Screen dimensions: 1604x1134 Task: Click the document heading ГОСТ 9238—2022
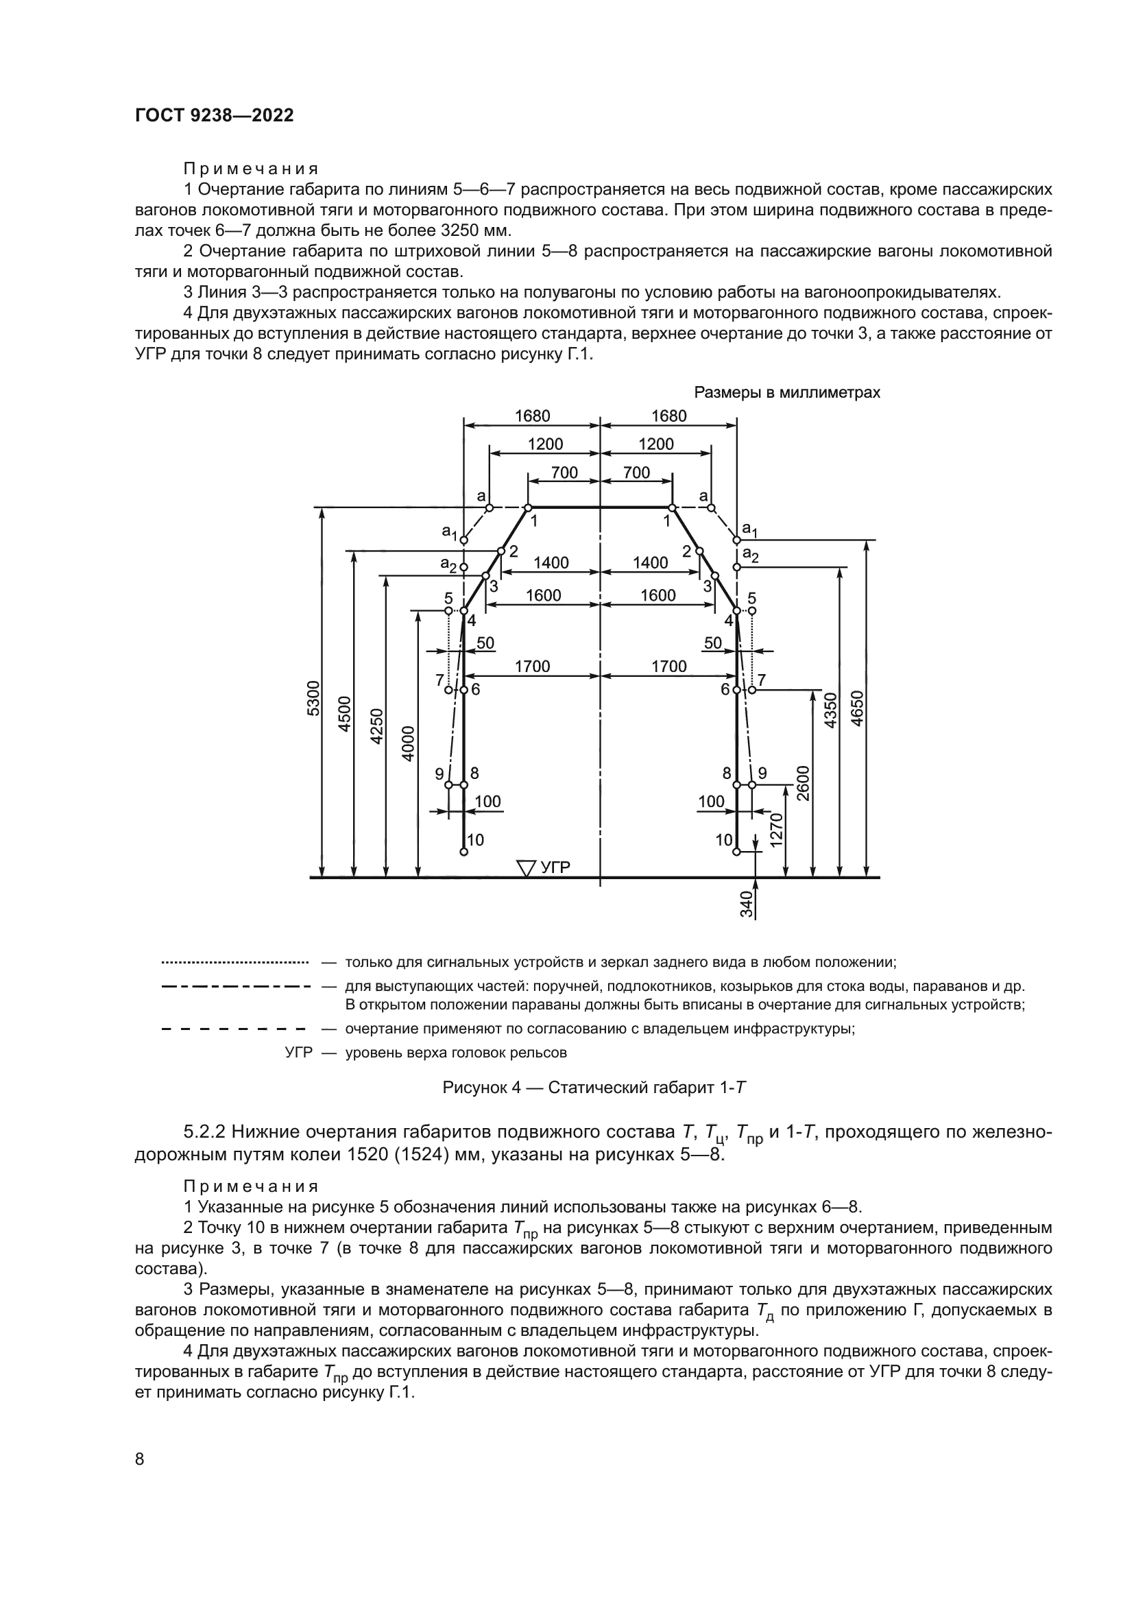215,116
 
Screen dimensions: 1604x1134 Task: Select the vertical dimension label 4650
858,708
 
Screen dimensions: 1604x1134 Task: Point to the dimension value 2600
802,783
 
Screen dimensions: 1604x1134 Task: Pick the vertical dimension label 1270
776,830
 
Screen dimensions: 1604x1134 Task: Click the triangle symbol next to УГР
526,867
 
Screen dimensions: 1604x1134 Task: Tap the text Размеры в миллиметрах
786,393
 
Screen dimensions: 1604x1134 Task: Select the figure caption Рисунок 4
594,1087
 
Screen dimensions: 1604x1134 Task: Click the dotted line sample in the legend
234,963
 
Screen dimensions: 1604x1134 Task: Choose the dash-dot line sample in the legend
234,986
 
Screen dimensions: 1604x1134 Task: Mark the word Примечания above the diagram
251,169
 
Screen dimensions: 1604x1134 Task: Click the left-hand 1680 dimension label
532,416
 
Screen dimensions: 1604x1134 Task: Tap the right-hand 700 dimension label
636,473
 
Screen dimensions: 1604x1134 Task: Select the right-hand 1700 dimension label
669,667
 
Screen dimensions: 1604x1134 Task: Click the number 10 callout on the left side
476,840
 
